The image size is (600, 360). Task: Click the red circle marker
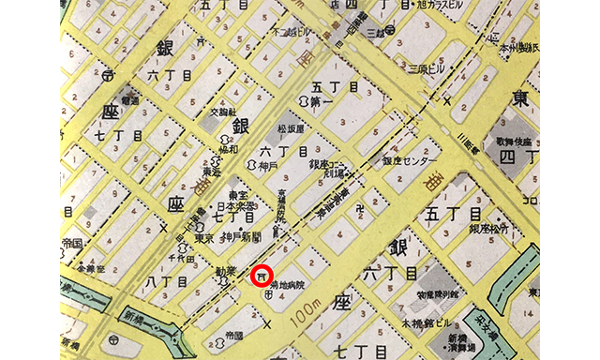(262, 277)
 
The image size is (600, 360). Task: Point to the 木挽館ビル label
(423, 323)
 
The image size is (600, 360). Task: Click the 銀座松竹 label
(515, 227)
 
